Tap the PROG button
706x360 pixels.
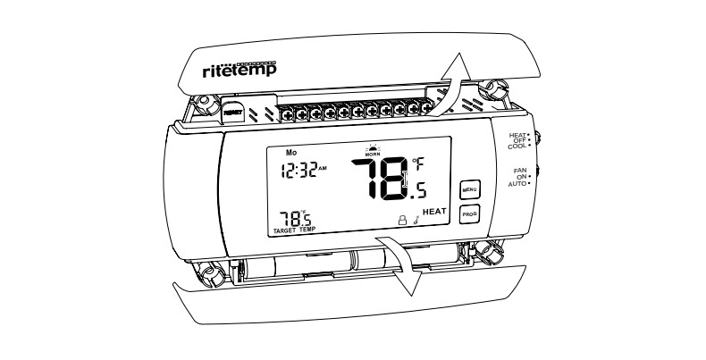point(469,214)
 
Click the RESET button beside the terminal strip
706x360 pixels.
point(232,113)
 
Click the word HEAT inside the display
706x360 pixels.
point(434,211)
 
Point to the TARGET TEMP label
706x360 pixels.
point(294,230)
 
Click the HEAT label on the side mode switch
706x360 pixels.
point(517,135)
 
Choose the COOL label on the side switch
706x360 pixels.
point(517,146)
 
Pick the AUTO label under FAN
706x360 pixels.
point(517,183)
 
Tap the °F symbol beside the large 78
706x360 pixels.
point(418,163)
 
